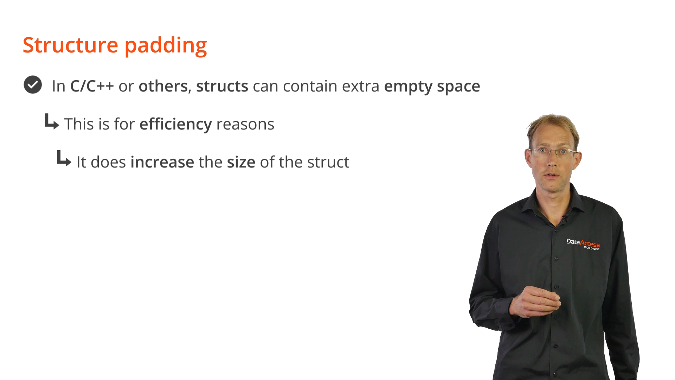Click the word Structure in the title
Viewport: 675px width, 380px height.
click(x=70, y=45)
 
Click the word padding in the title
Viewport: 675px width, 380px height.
click(x=166, y=46)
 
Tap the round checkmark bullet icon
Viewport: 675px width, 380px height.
click(x=33, y=85)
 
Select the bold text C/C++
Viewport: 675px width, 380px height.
click(x=92, y=86)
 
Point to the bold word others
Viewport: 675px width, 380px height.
click(x=163, y=86)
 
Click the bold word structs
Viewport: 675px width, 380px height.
click(x=222, y=86)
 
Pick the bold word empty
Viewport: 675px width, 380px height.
click(x=408, y=87)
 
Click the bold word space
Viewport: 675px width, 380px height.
click(x=458, y=87)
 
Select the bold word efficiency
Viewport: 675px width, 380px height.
click(x=176, y=124)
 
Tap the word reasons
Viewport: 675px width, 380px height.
click(x=245, y=125)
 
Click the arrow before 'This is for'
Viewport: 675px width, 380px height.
click(x=52, y=121)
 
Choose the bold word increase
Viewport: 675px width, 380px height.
click(x=162, y=162)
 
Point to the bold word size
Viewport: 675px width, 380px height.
click(x=241, y=162)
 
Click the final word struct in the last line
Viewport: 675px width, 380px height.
click(x=328, y=162)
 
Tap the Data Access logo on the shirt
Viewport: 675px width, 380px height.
click(x=583, y=244)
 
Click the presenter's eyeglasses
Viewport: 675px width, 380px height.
click(x=552, y=152)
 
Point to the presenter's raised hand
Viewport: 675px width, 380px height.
click(x=535, y=302)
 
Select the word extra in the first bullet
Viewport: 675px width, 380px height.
click(x=361, y=87)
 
